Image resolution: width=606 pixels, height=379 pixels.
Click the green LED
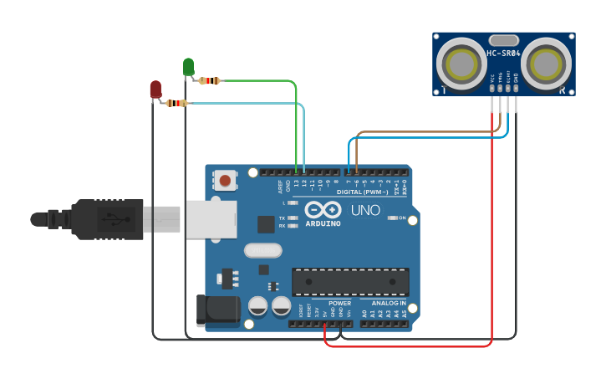[188, 66]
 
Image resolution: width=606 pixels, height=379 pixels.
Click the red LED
[155, 89]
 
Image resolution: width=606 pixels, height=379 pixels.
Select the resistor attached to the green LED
[210, 81]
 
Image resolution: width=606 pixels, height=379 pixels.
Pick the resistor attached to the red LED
[176, 103]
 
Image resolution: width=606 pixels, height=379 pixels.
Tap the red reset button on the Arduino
[225, 179]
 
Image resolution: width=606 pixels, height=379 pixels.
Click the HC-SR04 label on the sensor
[504, 54]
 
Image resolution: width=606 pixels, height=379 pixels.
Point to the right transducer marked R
[547, 62]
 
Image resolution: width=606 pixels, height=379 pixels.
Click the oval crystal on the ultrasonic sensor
[504, 39]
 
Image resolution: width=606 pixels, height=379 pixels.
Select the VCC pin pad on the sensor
[492, 87]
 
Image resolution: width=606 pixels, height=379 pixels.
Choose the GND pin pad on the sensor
[517, 87]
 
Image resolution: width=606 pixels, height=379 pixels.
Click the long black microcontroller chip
[350, 282]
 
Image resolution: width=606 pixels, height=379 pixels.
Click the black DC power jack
[212, 310]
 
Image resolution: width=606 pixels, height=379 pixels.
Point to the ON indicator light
[391, 218]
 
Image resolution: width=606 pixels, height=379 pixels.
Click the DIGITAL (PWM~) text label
[361, 192]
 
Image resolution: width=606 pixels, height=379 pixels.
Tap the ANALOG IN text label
[389, 303]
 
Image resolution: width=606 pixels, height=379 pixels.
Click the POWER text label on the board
[339, 303]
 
